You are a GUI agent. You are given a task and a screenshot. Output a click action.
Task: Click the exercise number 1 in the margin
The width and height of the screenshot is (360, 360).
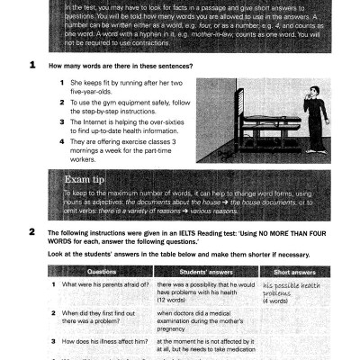33,65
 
